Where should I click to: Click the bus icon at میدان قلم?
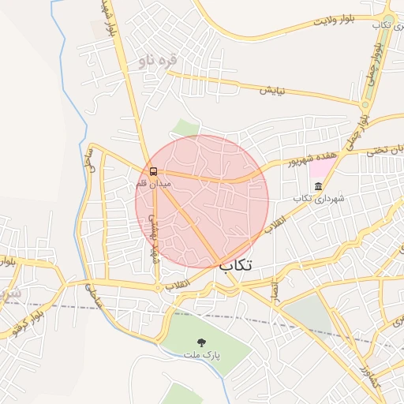(153, 170)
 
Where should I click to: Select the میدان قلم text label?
(153, 184)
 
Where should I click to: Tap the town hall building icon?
(318, 186)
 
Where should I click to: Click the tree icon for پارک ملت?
(202, 342)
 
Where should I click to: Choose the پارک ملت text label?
(202, 356)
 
